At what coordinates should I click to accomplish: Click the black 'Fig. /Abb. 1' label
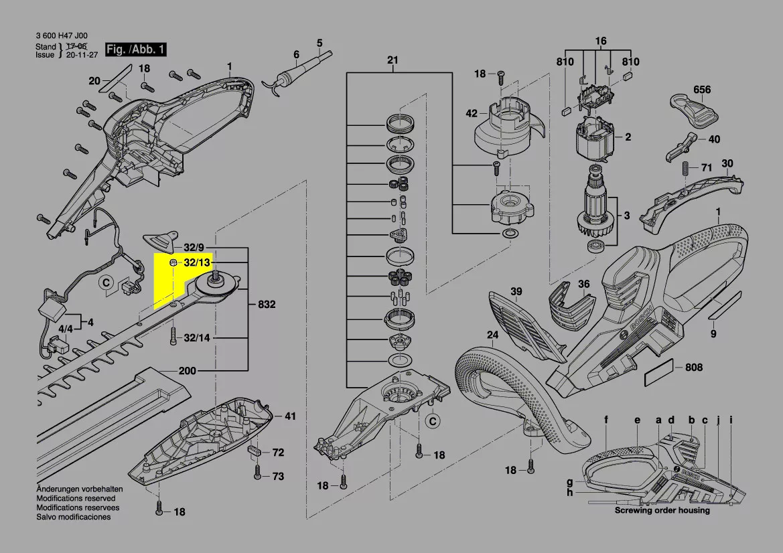coord(135,50)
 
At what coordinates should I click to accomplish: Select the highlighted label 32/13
coord(196,262)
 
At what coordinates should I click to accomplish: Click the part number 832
coord(267,305)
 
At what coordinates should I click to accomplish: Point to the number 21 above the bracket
coord(393,60)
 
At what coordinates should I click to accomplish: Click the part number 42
coord(472,113)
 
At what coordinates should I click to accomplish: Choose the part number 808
coord(693,367)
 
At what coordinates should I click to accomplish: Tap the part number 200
coord(188,371)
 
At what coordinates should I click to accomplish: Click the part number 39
coord(516,291)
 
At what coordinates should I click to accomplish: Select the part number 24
coord(492,335)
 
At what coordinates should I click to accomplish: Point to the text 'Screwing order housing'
coord(662,510)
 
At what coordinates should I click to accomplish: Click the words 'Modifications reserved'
coord(76,499)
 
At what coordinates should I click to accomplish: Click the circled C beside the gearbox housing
coord(433,421)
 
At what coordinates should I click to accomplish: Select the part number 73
coord(277,477)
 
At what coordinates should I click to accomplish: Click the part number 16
coord(600,42)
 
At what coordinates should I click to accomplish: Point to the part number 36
coord(583,285)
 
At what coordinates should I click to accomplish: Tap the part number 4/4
coord(66,329)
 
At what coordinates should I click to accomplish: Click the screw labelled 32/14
coord(173,334)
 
